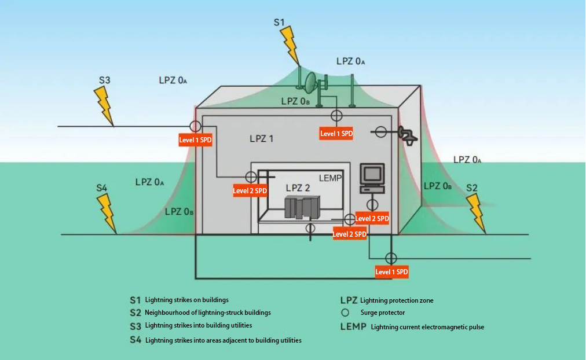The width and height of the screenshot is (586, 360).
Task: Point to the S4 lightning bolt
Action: coord(107,214)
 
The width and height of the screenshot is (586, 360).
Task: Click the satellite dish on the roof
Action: coord(310,83)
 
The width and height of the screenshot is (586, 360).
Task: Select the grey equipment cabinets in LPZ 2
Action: coord(302,207)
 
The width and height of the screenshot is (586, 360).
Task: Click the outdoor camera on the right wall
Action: coord(408,135)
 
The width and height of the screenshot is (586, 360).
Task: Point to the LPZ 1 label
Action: coord(262,139)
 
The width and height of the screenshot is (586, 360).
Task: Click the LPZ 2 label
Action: coord(298,188)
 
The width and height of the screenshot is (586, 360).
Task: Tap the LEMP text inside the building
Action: coord(331,178)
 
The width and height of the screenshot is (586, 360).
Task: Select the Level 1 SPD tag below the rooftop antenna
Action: coord(336,134)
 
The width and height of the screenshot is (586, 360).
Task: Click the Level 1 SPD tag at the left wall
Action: coord(196,140)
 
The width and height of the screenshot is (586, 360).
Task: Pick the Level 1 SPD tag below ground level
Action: coord(391,272)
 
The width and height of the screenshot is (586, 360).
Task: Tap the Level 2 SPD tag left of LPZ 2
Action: coord(250,191)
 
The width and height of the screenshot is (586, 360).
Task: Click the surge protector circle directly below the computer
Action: coord(372,205)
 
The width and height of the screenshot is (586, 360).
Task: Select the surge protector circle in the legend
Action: coord(345,313)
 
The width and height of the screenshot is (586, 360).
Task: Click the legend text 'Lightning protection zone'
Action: coord(397,300)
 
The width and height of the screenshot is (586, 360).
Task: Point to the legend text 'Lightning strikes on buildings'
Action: coord(187,300)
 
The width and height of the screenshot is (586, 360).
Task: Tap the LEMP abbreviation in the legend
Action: coord(353,327)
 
